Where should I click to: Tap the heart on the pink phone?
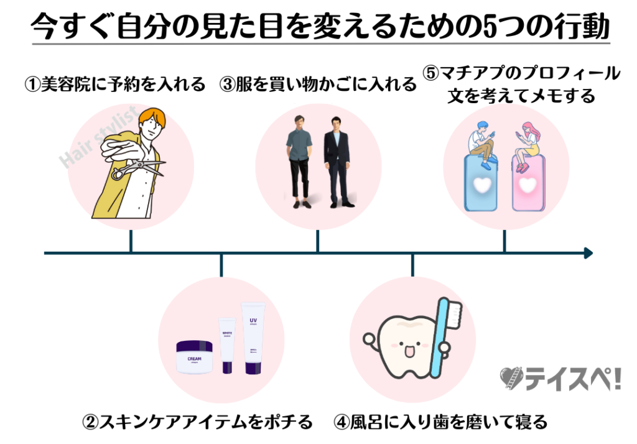click(528, 185)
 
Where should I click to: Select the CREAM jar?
click(195, 356)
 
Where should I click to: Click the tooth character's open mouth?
click(409, 353)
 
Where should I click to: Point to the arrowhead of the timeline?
click(588, 253)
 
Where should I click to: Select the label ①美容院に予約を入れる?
click(114, 84)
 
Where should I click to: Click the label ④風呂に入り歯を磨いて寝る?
click(440, 423)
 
